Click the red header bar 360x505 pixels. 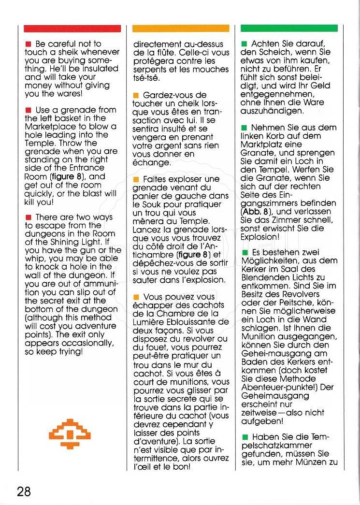72,29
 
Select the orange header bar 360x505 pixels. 181,29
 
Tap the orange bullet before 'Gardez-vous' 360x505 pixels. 137,95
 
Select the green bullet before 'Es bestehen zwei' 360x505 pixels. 245,253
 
